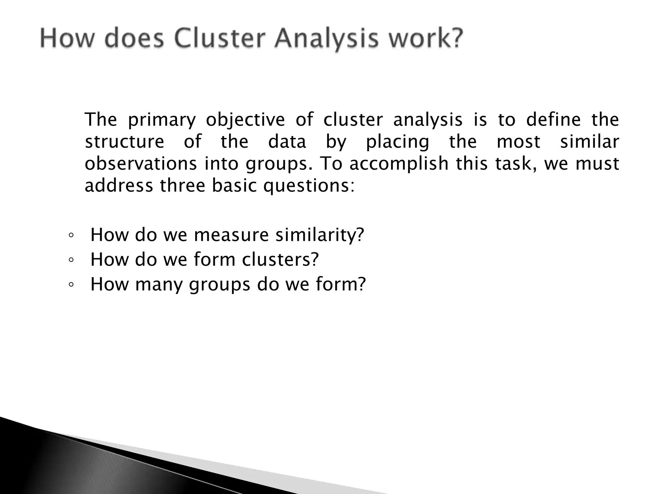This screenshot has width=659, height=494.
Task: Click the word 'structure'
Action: click(125, 142)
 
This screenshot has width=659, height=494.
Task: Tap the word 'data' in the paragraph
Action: click(287, 142)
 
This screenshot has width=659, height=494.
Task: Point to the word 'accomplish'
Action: click(399, 164)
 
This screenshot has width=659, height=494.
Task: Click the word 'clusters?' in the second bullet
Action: click(280, 259)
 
